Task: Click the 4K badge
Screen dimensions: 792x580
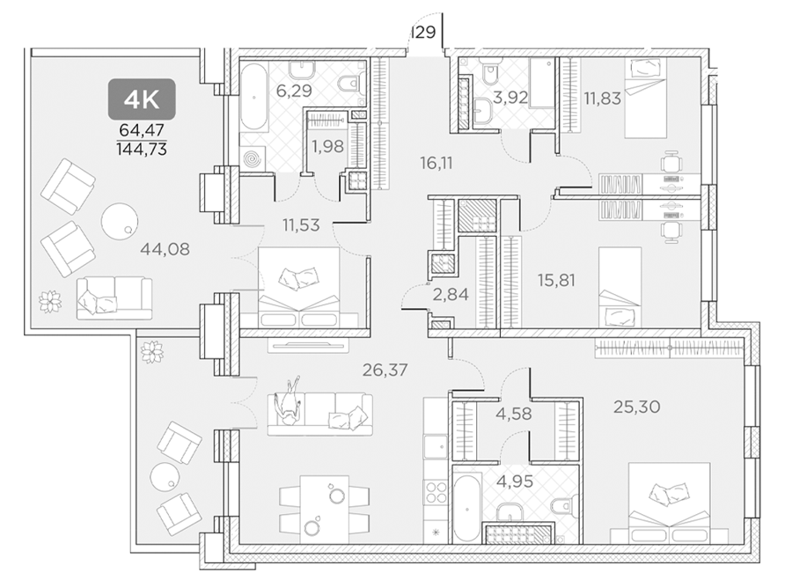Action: tap(142, 99)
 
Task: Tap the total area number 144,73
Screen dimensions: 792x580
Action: tap(142, 149)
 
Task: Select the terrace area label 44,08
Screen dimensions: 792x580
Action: tap(165, 248)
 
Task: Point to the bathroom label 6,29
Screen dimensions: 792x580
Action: tap(293, 91)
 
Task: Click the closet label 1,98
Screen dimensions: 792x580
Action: tap(327, 146)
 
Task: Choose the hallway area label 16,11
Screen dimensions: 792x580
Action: tap(436, 163)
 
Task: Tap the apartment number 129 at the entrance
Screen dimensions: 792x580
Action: tap(423, 33)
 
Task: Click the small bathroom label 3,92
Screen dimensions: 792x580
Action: tap(510, 97)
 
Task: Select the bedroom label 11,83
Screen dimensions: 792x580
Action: tap(602, 98)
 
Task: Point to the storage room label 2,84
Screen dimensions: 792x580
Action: tap(451, 294)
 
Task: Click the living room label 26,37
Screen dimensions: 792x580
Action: tap(385, 371)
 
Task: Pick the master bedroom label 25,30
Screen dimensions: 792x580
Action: tap(636, 407)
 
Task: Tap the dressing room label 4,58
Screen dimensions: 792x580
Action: tap(514, 414)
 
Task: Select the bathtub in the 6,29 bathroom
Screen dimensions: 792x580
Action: tap(254, 98)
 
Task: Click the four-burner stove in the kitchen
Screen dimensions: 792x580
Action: tap(436, 492)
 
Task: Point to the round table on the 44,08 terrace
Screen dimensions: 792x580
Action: tap(119, 221)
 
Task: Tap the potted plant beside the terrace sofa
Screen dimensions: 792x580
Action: tap(50, 300)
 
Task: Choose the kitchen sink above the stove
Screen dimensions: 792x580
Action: tap(435, 448)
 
